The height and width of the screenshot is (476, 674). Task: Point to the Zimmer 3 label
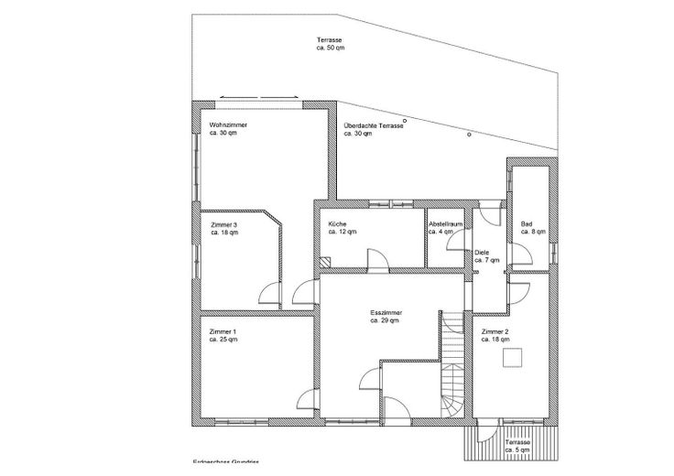[223, 224]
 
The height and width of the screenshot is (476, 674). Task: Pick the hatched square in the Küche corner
[325, 260]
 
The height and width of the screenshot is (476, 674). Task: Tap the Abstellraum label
[445, 224]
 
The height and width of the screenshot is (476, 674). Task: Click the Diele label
[482, 253]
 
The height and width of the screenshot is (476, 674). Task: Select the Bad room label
[527, 224]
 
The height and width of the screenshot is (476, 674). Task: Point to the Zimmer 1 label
[223, 331]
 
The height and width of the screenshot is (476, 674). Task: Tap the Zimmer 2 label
[495, 331]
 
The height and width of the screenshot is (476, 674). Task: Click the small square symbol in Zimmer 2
[513, 359]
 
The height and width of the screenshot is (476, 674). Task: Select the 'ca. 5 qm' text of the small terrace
[517, 450]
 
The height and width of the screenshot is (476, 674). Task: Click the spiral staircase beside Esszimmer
[452, 394]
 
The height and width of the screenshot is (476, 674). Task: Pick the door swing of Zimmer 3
[269, 293]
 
